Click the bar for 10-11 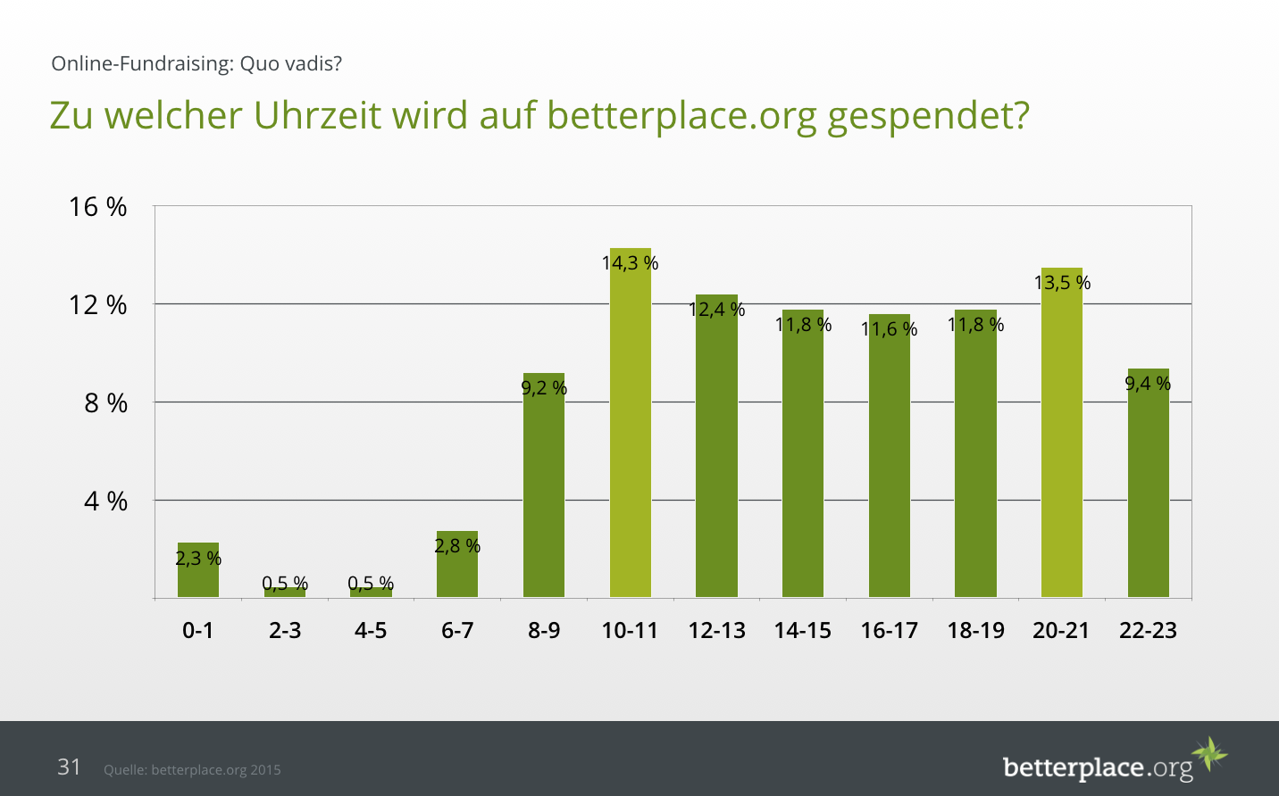tap(630, 428)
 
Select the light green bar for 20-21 tap(1061, 437)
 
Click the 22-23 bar tap(1148, 486)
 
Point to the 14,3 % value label tap(630, 263)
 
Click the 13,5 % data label tap(1062, 283)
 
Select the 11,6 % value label tap(889, 329)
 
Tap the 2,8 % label tap(457, 545)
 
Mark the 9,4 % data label tap(1148, 384)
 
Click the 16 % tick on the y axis tap(98, 207)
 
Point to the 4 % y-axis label tap(105, 502)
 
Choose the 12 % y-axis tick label tap(98, 305)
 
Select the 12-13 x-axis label tap(716, 631)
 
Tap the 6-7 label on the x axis tap(457, 631)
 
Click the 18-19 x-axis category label tap(975, 631)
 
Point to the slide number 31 tap(69, 767)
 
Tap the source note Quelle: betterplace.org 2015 tap(192, 769)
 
